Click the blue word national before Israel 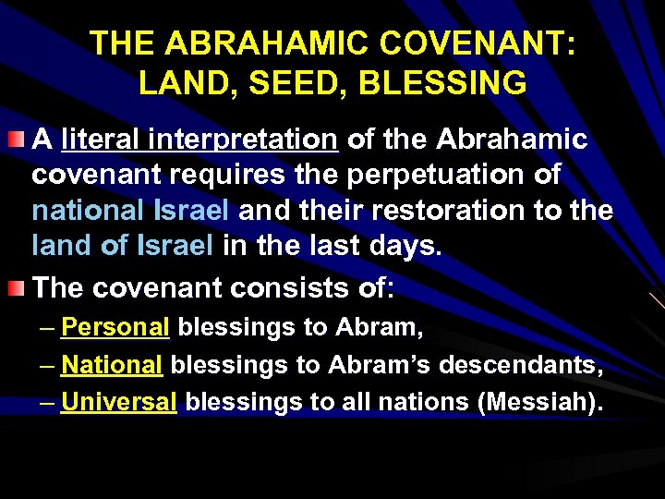[84, 211]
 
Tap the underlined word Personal [115, 328]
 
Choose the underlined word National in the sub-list [112, 365]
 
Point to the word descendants [521, 365]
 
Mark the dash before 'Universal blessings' [47, 403]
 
